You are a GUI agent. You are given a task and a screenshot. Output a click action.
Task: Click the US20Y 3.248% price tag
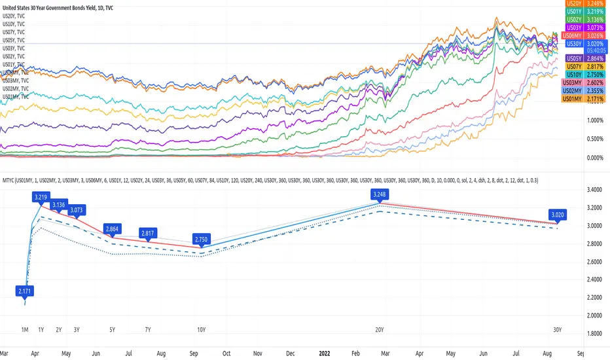tap(584, 3)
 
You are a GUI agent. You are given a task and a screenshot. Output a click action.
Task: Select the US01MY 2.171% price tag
tap(584, 98)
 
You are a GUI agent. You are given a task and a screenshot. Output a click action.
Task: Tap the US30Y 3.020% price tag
tap(584, 44)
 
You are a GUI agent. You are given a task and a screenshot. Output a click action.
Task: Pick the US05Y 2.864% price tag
tap(584, 58)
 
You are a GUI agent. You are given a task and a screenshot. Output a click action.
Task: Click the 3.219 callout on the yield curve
tap(41, 196)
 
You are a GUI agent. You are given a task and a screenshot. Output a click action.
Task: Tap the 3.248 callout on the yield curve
tap(380, 194)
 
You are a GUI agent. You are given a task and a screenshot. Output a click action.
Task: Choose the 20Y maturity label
tap(380, 330)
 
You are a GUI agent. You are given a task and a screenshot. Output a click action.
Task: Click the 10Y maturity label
tap(200, 330)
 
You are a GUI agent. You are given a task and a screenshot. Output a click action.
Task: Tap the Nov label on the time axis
tap(258, 351)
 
